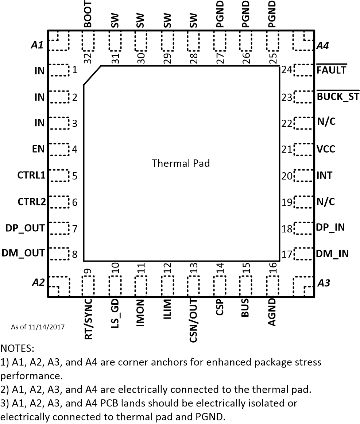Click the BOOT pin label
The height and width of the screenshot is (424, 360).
88,14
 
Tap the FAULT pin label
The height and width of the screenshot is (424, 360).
331,70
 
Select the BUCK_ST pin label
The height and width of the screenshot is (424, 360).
338,97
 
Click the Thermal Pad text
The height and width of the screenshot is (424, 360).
181,163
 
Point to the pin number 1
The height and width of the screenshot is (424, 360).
74,69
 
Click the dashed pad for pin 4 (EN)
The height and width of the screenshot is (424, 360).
58,149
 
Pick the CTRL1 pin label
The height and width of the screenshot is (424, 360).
31,176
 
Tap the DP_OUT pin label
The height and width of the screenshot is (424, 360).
25,228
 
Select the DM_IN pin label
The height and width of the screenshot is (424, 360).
332,253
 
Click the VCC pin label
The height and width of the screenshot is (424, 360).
326,149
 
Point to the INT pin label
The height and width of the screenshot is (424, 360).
324,176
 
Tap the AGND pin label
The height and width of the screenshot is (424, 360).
272,313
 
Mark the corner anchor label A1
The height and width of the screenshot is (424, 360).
37,45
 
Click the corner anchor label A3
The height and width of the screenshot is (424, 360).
324,283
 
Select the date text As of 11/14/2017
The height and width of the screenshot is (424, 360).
38,327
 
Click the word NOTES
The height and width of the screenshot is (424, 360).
17,348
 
